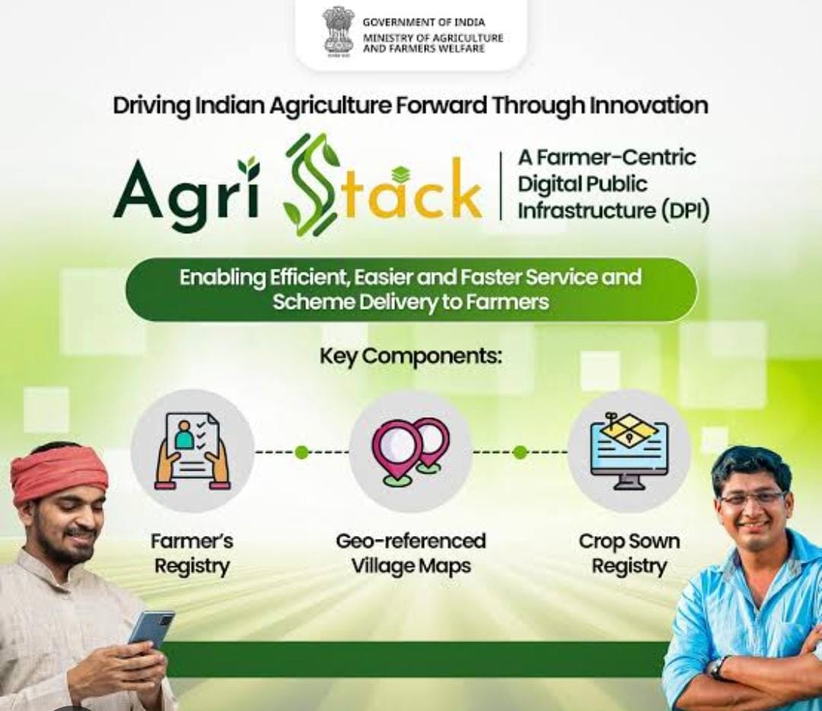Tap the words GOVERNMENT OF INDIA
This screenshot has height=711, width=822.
pos(424,23)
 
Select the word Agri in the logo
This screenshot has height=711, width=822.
pos(186,188)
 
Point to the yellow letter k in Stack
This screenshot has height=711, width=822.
pos(464,187)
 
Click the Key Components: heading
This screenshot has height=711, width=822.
pos(411,357)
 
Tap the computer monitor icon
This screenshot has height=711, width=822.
pos(629,451)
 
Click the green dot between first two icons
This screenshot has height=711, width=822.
pos(301,451)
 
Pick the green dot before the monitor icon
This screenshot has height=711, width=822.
pos(520,451)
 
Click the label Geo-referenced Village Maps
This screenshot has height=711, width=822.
pos(411,553)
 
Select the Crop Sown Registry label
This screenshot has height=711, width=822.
pos(629,553)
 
